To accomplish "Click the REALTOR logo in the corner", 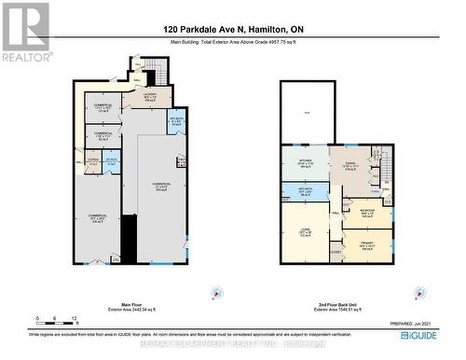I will [x=25, y=32].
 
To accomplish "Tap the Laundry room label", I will [x=149, y=96].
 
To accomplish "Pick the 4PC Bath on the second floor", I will [x=304, y=191].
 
